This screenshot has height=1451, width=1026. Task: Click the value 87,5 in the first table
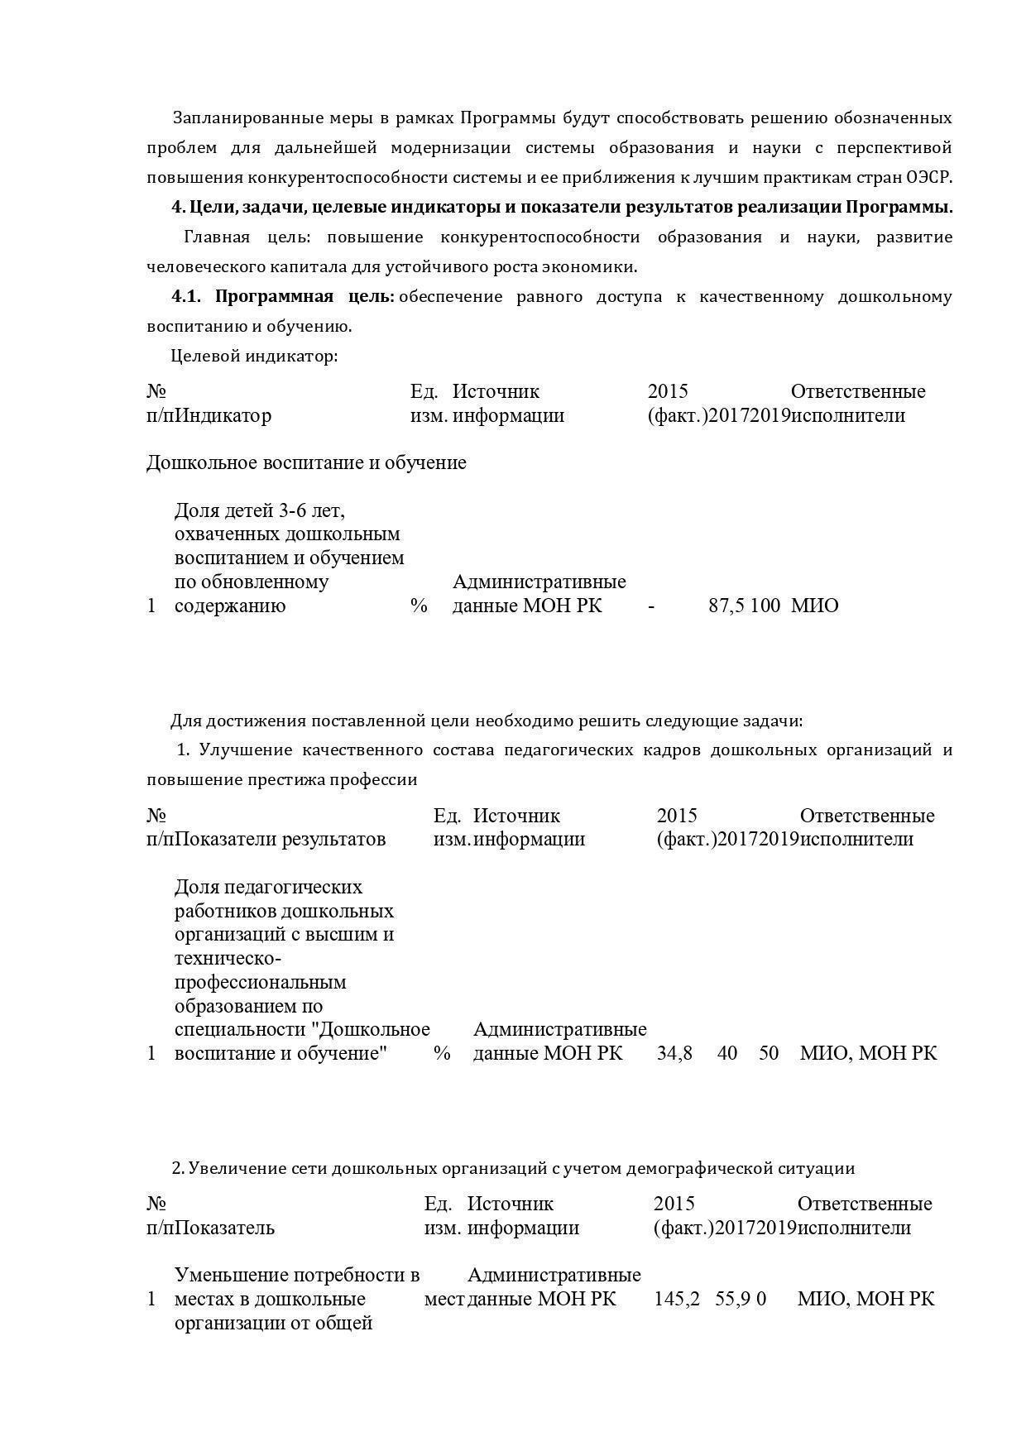pyautogui.click(x=726, y=606)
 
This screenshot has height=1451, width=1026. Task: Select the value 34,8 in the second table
pyautogui.click(x=674, y=1053)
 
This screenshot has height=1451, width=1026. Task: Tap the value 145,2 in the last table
pyautogui.click(x=677, y=1299)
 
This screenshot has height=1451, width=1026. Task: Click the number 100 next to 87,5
pyautogui.click(x=766, y=606)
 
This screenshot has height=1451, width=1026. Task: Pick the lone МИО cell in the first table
pyautogui.click(x=814, y=606)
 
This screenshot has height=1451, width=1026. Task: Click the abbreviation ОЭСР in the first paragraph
pyautogui.click(x=929, y=177)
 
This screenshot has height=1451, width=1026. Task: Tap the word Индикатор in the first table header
pyautogui.click(x=223, y=415)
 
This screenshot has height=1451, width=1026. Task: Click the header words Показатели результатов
pyautogui.click(x=280, y=839)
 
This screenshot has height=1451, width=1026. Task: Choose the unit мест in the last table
pyautogui.click(x=444, y=1299)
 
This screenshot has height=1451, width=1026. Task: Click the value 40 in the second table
pyautogui.click(x=727, y=1053)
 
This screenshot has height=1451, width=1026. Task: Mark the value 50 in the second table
pyautogui.click(x=769, y=1053)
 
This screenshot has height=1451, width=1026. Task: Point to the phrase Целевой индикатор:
pyautogui.click(x=254, y=357)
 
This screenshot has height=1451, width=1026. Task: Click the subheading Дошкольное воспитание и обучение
pyautogui.click(x=306, y=462)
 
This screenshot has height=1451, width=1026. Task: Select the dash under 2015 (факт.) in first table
pyautogui.click(x=652, y=606)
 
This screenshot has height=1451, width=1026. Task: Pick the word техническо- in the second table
pyautogui.click(x=228, y=958)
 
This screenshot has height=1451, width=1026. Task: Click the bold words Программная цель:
pyautogui.click(x=305, y=296)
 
